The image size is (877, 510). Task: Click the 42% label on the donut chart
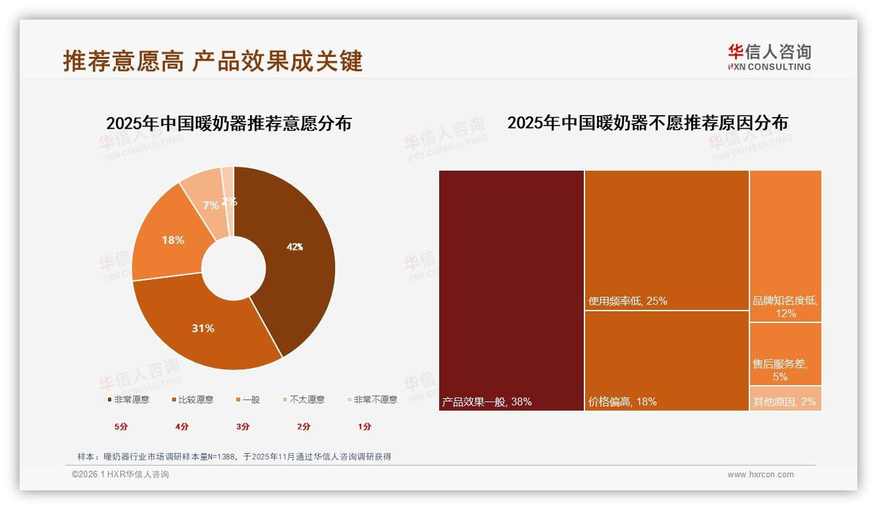(x=295, y=247)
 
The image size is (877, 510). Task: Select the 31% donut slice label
(x=203, y=328)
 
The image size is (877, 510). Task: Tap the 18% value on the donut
(x=173, y=240)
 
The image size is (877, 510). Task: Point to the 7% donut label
(x=211, y=205)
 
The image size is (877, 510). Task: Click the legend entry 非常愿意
(x=128, y=399)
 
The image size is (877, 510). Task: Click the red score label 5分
(x=121, y=426)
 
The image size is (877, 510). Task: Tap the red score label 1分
(x=365, y=426)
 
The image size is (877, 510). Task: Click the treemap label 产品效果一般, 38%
(x=487, y=401)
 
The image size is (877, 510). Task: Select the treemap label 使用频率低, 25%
(x=628, y=301)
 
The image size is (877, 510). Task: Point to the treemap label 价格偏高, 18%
(x=622, y=401)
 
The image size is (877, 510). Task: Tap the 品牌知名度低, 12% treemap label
(x=785, y=307)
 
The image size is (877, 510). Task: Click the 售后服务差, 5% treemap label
(x=780, y=370)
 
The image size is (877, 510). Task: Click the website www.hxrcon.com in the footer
(x=761, y=475)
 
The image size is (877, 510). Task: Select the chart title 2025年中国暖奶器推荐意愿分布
(x=229, y=123)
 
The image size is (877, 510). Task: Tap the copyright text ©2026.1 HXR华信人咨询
(x=120, y=475)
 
